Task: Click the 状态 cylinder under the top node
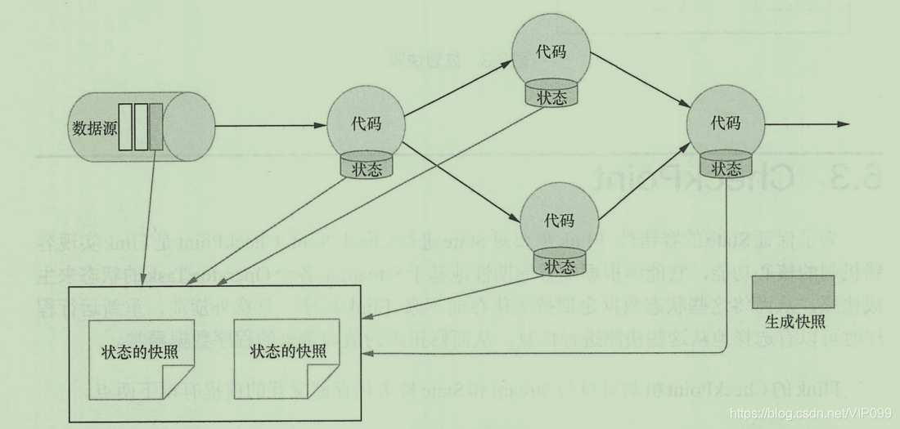coord(549,95)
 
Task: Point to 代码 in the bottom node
coord(559,221)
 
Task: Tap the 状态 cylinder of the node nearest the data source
coord(366,169)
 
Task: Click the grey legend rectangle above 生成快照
coord(792,291)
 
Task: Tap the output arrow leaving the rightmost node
coord(806,125)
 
